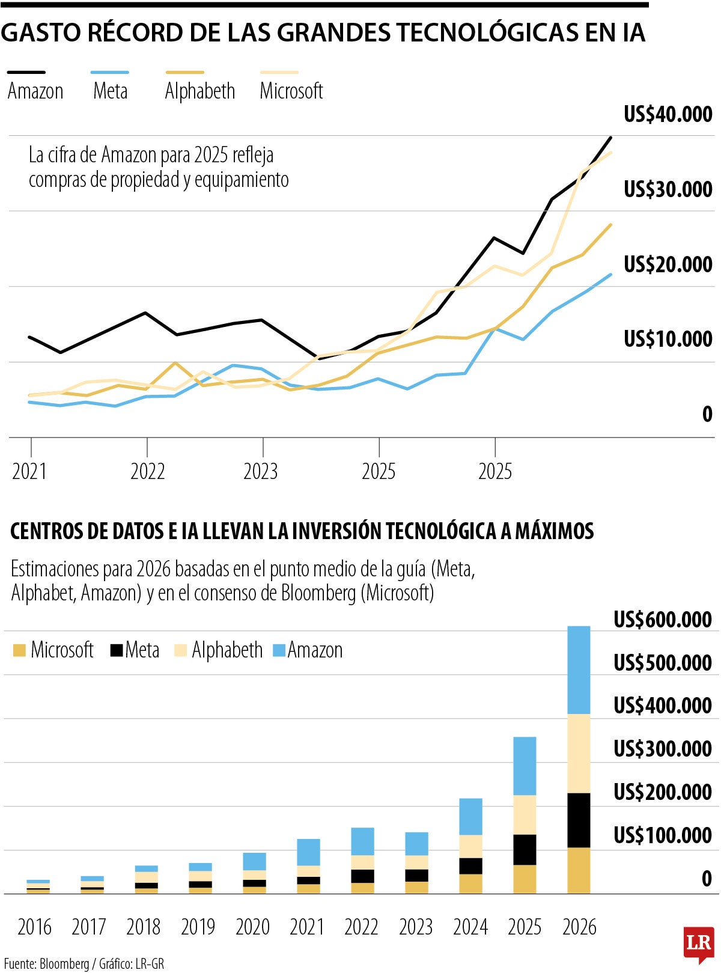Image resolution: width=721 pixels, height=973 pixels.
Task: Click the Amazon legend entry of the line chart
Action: coord(35,91)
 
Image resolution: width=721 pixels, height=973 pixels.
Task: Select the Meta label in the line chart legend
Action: coord(111,91)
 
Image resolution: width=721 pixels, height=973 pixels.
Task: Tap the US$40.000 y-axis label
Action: coord(668,114)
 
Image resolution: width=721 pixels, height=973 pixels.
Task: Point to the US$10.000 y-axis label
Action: coord(668,339)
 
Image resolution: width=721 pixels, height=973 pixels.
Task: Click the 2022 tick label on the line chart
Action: coord(147,472)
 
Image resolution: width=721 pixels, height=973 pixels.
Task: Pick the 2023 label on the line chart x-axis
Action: coord(260,472)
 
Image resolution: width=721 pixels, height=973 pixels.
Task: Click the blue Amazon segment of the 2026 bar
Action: coord(579,670)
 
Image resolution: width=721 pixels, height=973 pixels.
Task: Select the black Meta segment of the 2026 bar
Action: coord(579,820)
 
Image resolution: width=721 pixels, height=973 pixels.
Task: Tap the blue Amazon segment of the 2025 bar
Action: coord(525,766)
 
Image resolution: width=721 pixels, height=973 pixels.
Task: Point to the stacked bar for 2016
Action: coord(38,886)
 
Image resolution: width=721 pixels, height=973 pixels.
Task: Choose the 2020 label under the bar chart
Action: coord(252,927)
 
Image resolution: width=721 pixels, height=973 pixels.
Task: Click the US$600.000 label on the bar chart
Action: coord(662,620)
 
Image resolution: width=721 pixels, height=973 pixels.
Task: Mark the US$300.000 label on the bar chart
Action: coord(662,749)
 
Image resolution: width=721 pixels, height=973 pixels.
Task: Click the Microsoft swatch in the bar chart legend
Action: coord(19,650)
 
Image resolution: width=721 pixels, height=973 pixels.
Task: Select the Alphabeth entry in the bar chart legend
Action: coord(227,650)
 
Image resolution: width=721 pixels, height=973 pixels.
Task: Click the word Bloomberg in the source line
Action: coord(64,964)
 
